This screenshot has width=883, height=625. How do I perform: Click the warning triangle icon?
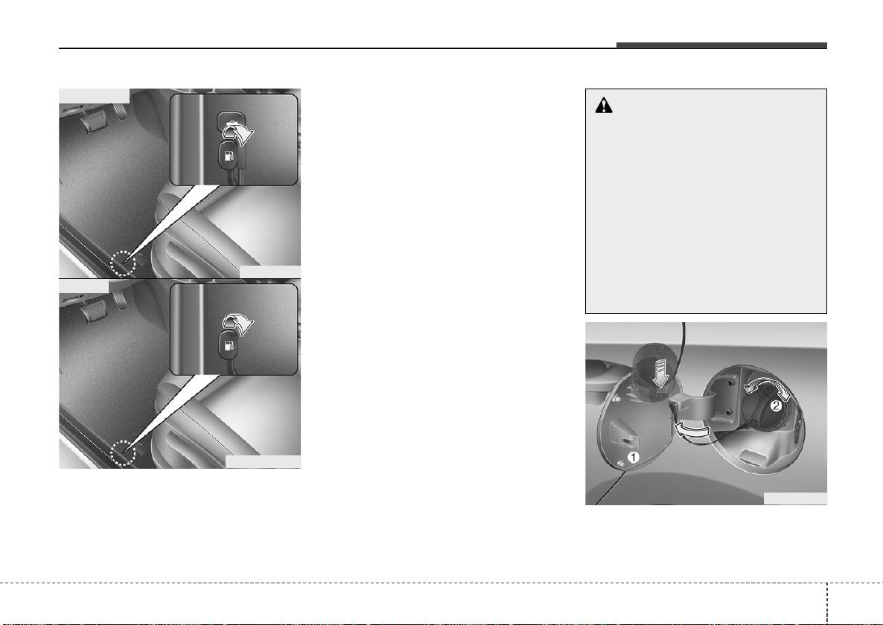pyautogui.click(x=604, y=105)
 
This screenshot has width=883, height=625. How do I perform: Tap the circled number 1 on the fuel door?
pyautogui.click(x=633, y=458)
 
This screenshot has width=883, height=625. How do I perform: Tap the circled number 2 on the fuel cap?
pyautogui.click(x=776, y=406)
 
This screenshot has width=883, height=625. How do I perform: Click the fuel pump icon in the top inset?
pyautogui.click(x=229, y=156)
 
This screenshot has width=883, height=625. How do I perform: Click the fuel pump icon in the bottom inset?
pyautogui.click(x=229, y=344)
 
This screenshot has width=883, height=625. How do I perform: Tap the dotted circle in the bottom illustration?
pyautogui.click(x=123, y=452)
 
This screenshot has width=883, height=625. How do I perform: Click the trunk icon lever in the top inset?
pyautogui.click(x=229, y=119)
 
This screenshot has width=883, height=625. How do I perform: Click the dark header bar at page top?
pyautogui.click(x=721, y=45)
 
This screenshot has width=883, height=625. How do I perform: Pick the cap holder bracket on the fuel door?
pyautogui.click(x=624, y=426)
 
